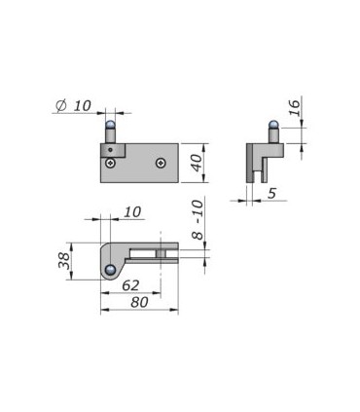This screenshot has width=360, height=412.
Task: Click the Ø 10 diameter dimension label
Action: coord(74,106)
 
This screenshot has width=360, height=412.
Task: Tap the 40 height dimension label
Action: coord(197,163)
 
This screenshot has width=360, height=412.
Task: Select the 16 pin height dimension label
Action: coord(294,108)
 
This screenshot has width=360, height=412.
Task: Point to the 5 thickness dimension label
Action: coord(271,193)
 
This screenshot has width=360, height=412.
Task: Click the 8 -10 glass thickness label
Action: coord(198,220)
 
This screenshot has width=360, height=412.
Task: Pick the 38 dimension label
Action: coord(64,261)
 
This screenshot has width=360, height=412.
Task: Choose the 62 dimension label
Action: coord(130,285)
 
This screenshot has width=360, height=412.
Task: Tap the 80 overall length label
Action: coord(139,302)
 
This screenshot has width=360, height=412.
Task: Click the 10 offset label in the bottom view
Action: coord(132,212)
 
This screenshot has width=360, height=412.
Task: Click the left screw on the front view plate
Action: coord(111,163)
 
